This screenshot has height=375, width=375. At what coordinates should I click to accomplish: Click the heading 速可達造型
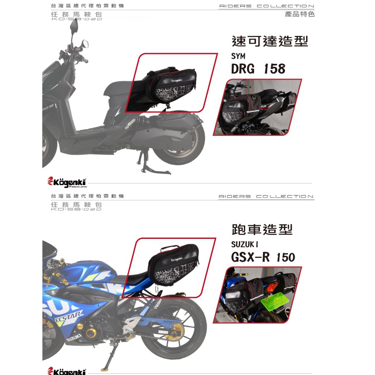(x=270, y=41)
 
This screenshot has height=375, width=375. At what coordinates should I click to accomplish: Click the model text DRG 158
(x=258, y=68)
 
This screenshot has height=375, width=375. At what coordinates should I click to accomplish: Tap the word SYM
(x=238, y=56)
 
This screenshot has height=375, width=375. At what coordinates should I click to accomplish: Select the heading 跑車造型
(x=262, y=230)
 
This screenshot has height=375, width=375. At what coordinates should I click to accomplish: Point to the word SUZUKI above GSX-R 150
(x=244, y=244)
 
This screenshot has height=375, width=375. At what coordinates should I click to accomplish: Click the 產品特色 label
(x=300, y=14)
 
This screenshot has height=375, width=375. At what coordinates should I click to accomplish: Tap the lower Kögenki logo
(x=68, y=371)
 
